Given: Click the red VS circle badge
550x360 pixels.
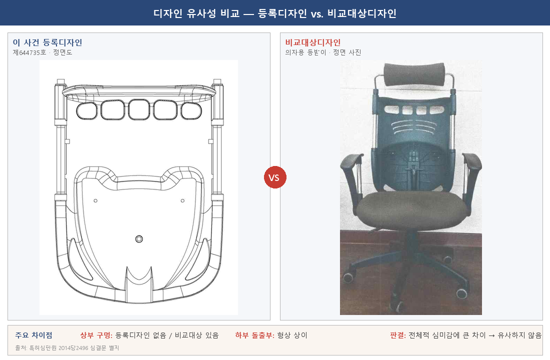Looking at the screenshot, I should click(274, 177).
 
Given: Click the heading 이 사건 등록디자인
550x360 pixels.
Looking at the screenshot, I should click(47, 42).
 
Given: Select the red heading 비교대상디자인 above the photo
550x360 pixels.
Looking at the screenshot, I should click(313, 42).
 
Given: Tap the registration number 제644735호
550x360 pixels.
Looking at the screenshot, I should click(29, 52).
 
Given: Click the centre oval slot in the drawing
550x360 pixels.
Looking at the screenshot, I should click(138, 109).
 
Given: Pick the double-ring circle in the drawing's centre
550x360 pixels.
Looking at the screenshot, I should click(139, 239).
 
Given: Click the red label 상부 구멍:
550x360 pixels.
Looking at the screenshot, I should click(96, 335).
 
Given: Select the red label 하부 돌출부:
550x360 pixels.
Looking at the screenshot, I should click(254, 335).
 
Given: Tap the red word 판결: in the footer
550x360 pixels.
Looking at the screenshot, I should click(398, 335).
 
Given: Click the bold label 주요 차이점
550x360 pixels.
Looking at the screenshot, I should click(33, 335).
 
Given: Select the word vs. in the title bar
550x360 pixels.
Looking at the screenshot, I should click(316, 13).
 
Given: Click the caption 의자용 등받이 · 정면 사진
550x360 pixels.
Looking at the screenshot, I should click(323, 52).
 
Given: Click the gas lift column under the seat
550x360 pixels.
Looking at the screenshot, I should click(411, 245).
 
